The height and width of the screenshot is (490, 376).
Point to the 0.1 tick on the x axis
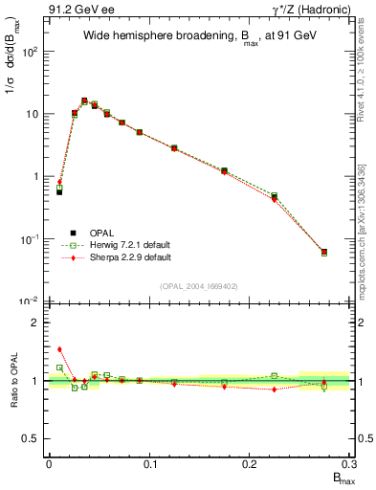click(x=148, y=463)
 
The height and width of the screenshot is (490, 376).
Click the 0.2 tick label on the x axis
click(x=250, y=463)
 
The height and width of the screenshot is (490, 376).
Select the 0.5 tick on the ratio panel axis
click(x=32, y=438)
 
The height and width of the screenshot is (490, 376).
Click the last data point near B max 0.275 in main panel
click(x=324, y=253)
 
